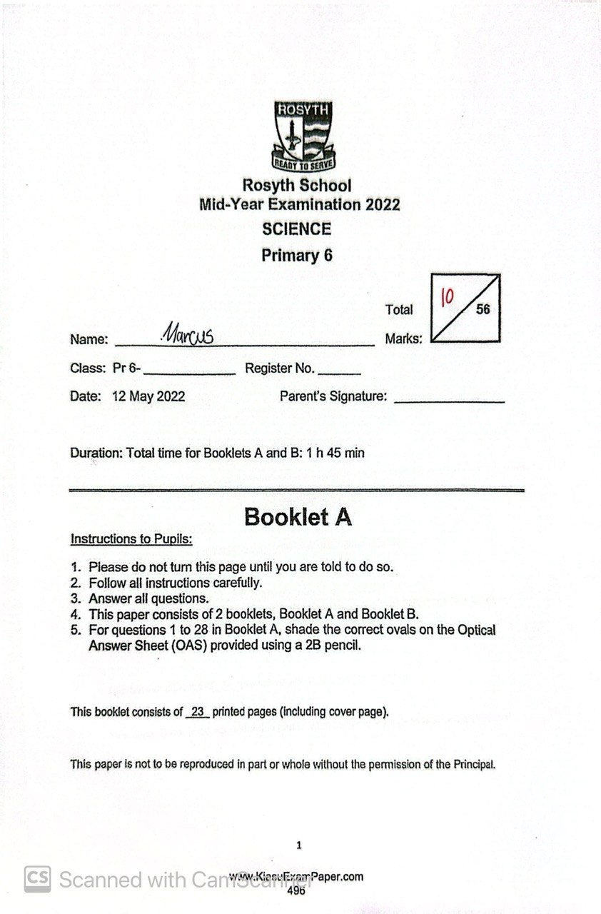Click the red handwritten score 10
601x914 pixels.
click(448, 296)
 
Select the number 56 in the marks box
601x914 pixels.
click(483, 310)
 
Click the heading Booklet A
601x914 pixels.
click(298, 516)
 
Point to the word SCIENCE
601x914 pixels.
click(296, 229)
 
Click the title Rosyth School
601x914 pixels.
click(296, 186)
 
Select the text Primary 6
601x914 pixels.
click(296, 255)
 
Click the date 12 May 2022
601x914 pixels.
click(148, 396)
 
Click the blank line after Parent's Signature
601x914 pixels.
click(449, 400)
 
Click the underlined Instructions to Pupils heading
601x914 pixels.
click(131, 539)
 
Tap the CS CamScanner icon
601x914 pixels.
click(37, 879)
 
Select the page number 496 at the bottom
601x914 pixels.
click(296, 890)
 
